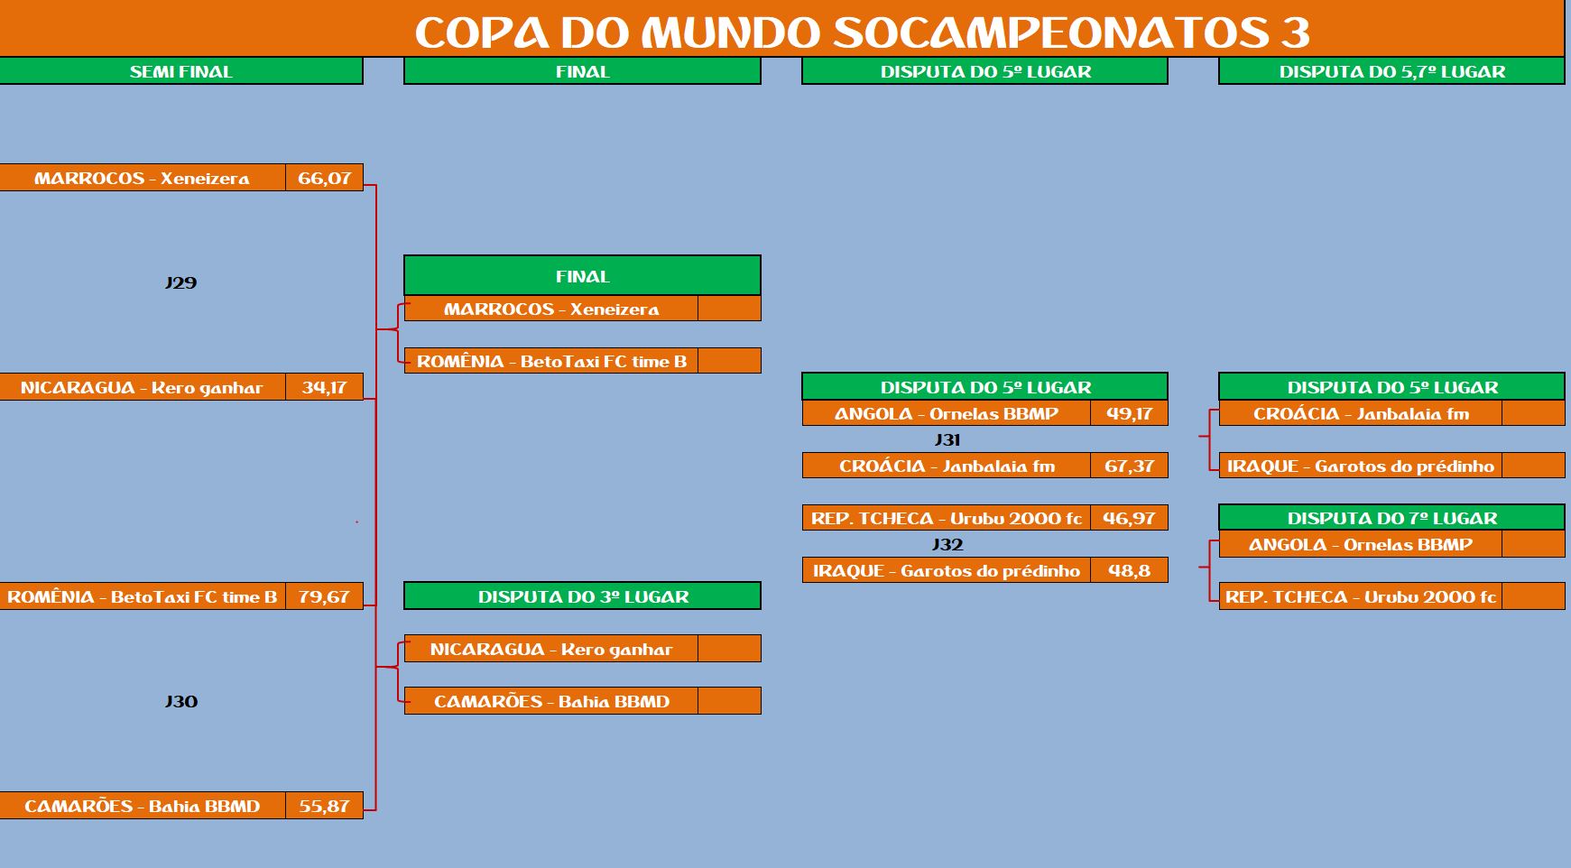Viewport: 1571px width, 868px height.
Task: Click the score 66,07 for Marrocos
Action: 324,178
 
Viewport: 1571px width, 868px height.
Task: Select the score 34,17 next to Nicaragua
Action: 324,387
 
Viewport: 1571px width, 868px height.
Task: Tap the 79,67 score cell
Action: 324,596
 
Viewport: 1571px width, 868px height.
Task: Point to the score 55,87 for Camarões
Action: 324,806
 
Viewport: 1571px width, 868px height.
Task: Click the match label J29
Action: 180,282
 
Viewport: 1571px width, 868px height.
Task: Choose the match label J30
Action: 180,701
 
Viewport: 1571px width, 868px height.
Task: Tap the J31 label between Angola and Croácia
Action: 947,439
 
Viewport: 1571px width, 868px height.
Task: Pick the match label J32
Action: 947,544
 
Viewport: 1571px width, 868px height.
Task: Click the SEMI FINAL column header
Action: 180,71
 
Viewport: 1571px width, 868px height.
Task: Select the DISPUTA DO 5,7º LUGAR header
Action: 1392,71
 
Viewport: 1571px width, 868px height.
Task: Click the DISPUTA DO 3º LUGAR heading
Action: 583,596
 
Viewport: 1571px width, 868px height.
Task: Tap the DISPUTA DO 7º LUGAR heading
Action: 1392,518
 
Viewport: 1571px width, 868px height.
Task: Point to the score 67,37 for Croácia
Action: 1129,466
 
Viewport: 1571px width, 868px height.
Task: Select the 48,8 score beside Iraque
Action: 1129,570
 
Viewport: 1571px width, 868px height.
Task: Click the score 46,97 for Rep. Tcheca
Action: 1129,518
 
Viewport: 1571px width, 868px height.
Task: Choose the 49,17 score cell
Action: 1129,413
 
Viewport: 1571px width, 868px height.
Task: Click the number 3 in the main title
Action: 1295,33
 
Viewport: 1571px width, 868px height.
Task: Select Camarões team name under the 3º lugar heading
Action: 551,701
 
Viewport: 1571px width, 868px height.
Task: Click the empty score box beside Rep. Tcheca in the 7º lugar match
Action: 1533,596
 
